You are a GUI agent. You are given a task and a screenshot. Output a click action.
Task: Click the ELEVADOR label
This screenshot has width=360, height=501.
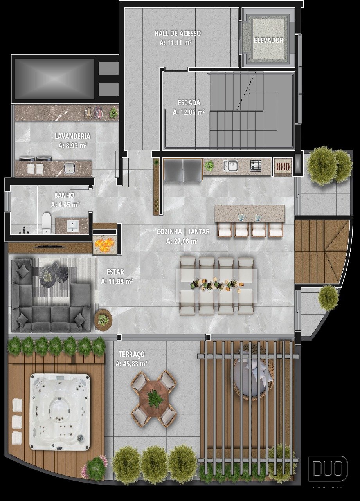[268, 40]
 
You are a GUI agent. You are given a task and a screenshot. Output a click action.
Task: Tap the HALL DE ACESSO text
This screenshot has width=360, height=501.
[178, 33]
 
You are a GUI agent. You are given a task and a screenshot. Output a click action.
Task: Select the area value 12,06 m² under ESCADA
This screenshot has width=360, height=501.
[189, 112]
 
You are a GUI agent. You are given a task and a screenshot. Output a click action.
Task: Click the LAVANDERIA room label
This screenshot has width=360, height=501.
[72, 136]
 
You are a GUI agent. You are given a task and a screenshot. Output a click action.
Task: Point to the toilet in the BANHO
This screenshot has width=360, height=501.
[47, 223]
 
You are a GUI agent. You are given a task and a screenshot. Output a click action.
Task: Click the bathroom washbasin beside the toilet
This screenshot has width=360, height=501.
[72, 226]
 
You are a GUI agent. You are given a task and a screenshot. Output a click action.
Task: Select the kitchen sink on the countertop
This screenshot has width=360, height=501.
[230, 166]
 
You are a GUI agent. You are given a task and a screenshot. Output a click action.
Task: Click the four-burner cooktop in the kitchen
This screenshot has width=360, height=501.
[256, 166]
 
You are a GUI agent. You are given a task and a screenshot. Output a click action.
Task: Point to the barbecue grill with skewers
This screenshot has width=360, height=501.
[283, 166]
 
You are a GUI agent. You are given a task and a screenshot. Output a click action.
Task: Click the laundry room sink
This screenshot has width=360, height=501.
[69, 168]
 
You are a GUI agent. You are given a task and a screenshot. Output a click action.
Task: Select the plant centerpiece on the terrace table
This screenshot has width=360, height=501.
[154, 398]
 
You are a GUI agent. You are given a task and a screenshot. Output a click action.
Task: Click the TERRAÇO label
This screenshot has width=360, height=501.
[132, 354]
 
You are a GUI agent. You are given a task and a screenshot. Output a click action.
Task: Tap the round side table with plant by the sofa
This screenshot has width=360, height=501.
[103, 319]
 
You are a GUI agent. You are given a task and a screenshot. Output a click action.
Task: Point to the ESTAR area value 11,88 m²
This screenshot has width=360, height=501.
[117, 281]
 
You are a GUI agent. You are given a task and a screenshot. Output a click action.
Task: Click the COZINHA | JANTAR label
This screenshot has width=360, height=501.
[183, 231]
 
